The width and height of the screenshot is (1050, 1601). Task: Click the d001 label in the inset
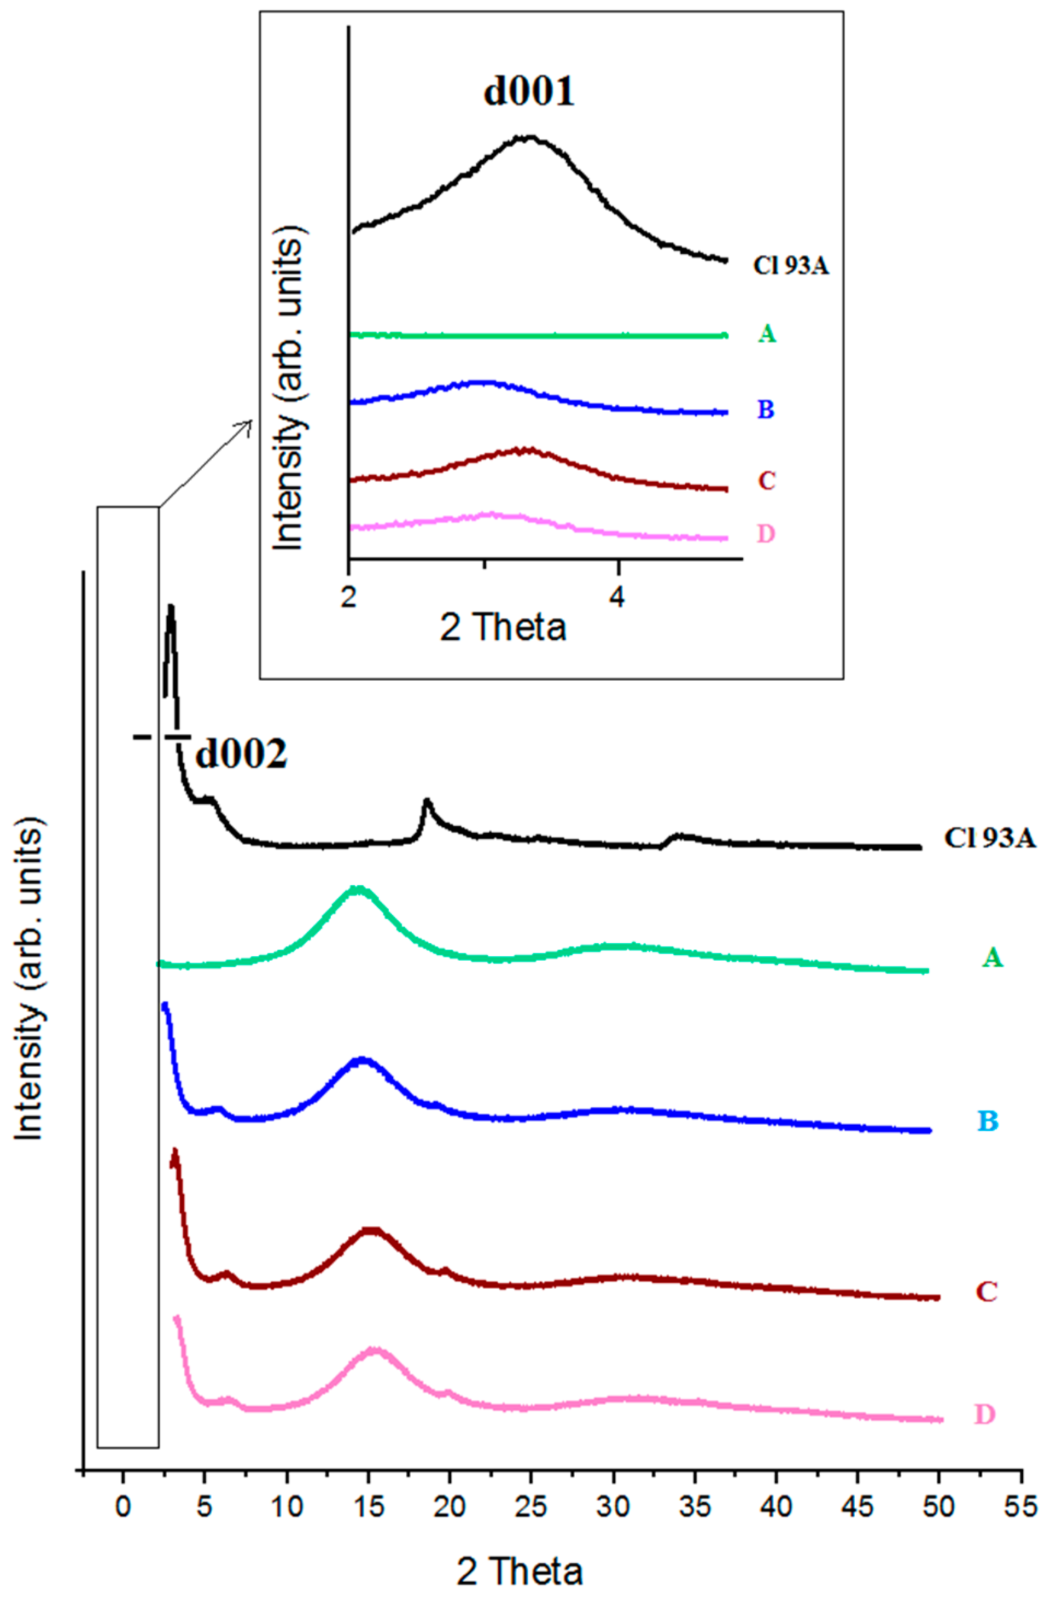(x=529, y=92)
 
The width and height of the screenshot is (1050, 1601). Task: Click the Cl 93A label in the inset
(x=790, y=266)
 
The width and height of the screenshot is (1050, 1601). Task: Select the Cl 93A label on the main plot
(x=989, y=838)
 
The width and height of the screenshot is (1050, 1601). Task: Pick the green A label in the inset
(x=767, y=333)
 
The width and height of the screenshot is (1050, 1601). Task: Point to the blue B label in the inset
(x=766, y=409)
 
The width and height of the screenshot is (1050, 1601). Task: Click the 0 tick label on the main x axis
(x=123, y=1507)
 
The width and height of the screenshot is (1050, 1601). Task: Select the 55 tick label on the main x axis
(x=1021, y=1507)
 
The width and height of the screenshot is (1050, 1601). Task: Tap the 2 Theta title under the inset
(x=503, y=627)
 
